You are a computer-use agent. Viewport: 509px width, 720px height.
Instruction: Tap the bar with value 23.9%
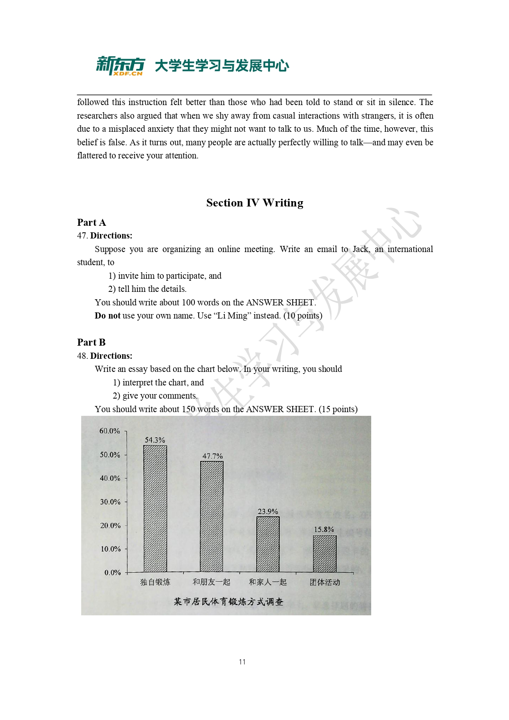pos(268,544)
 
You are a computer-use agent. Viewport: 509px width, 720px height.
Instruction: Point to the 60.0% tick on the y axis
pos(110,431)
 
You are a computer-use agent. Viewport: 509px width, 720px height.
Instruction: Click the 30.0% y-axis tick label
pos(110,502)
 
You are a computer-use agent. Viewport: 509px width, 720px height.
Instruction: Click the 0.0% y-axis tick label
pos(112,573)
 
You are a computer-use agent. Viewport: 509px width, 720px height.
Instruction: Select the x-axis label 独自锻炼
pos(155,582)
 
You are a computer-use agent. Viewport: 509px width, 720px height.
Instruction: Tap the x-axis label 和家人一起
pos(268,582)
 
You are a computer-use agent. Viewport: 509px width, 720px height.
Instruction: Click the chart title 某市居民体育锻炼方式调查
pos(228,602)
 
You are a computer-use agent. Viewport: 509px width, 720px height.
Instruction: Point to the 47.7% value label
pos(212,456)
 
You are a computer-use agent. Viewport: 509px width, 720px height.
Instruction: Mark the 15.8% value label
pos(324,530)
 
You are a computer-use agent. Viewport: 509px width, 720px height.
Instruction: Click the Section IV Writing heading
pos(255,203)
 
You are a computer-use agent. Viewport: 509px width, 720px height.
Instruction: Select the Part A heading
pos(91,222)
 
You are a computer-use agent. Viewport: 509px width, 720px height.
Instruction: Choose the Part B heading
pos(91,342)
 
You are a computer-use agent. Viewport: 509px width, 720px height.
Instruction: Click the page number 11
pos(242,662)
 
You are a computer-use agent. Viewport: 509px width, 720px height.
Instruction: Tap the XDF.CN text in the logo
pos(128,73)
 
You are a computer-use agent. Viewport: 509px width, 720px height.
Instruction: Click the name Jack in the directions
pos(361,249)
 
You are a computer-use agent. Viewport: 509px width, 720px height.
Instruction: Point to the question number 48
pos(82,356)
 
